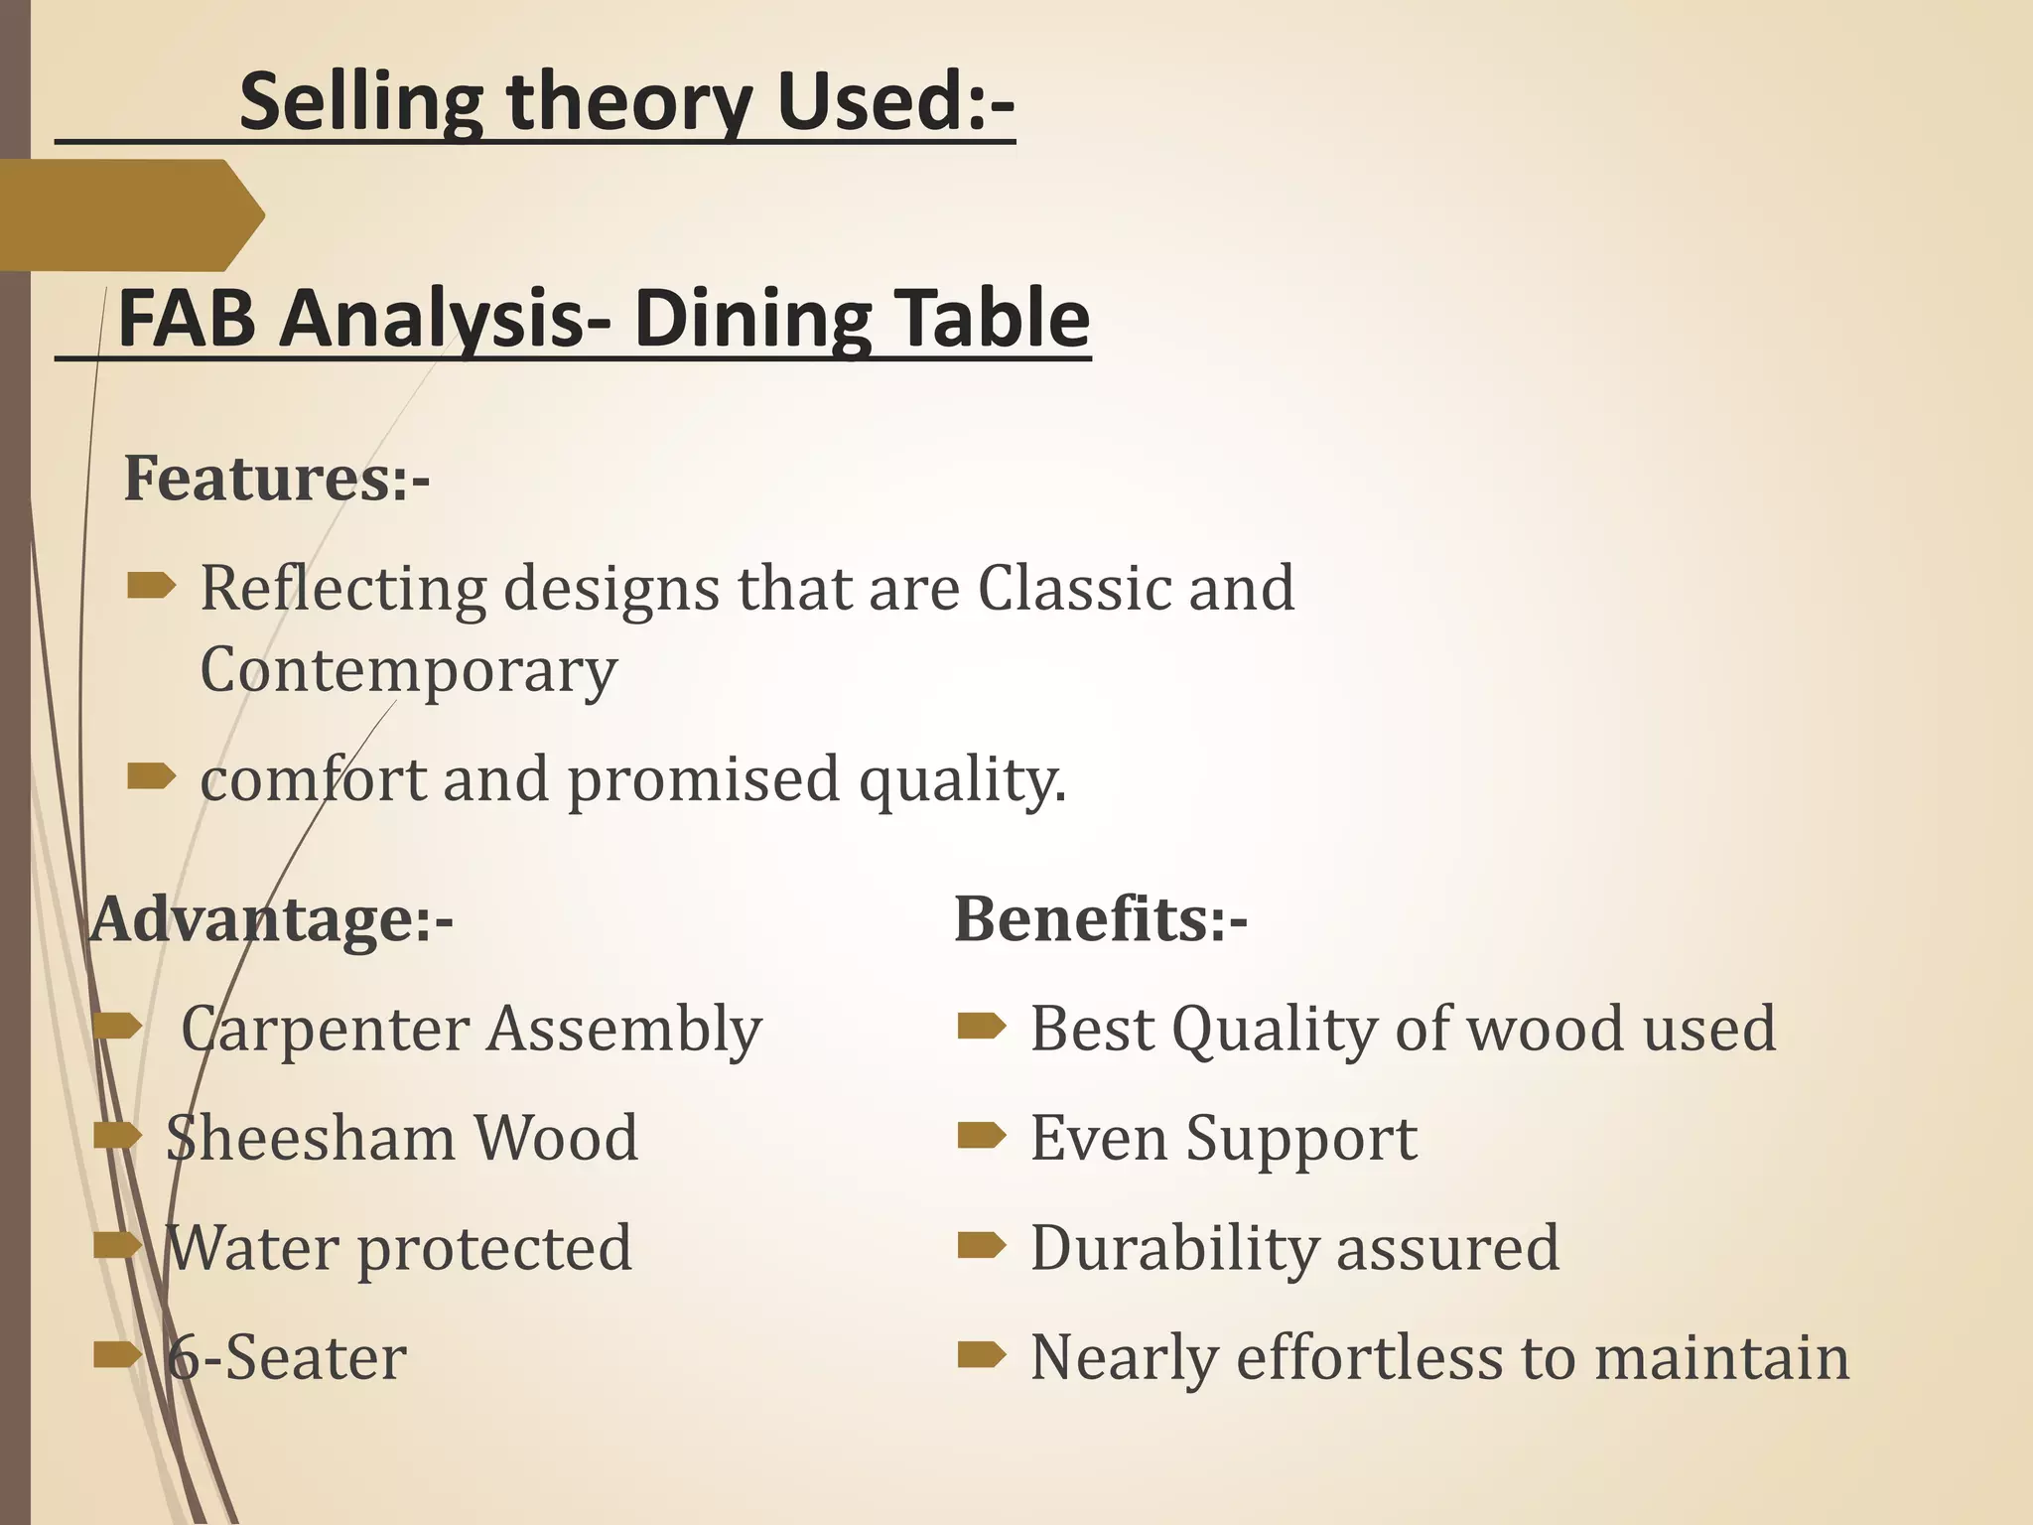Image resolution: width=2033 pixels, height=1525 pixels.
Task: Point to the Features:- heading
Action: (276, 479)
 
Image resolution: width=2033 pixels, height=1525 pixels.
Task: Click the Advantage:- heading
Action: (271, 919)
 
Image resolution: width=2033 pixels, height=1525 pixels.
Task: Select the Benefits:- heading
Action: (1101, 919)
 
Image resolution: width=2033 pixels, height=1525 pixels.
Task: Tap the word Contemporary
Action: (408, 671)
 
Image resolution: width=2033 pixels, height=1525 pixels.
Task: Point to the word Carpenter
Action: (324, 1030)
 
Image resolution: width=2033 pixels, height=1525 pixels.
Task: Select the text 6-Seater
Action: (286, 1357)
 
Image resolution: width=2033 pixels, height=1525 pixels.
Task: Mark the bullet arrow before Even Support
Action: (982, 1136)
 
